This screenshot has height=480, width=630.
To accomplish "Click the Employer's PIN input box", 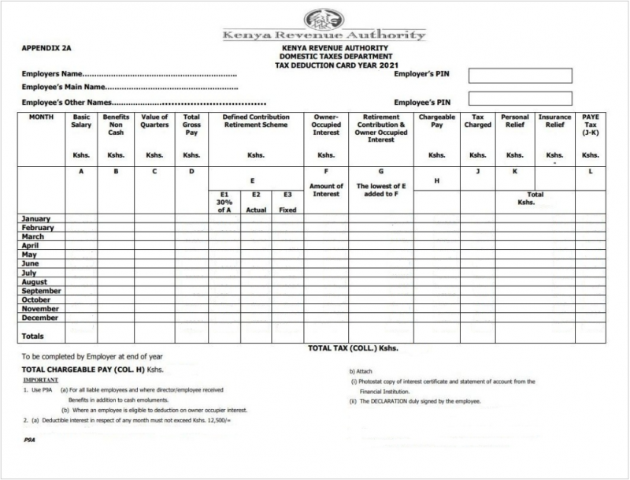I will point(520,76).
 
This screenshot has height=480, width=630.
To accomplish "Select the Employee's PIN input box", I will point(520,99).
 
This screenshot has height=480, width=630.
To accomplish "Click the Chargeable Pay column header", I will point(437,121).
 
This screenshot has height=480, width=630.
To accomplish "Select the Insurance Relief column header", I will point(554,121).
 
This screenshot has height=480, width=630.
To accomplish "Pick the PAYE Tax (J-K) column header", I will point(590,125).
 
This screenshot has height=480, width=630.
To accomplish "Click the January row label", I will point(36,218).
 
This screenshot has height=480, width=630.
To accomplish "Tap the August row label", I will point(35,282).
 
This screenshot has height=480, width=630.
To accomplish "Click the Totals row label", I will point(33,336).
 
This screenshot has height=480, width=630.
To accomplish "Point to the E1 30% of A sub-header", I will point(224,202).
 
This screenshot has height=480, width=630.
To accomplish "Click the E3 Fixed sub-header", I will point(287,202).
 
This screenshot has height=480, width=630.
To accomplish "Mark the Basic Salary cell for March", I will point(81,236).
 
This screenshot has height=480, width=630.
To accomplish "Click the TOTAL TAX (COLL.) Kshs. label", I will point(353,348).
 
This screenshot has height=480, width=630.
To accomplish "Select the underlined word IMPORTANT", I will point(40,380).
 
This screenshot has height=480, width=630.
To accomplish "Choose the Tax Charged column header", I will point(478,121).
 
